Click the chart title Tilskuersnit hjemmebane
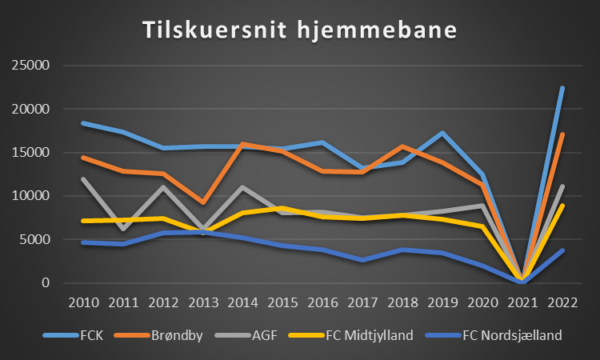coord(299,30)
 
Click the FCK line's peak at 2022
coord(562,88)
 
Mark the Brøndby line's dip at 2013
coord(203,202)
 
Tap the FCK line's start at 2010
coord(83,123)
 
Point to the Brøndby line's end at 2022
coord(562,134)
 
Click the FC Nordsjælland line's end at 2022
coord(562,250)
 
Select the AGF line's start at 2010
coord(83,179)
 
